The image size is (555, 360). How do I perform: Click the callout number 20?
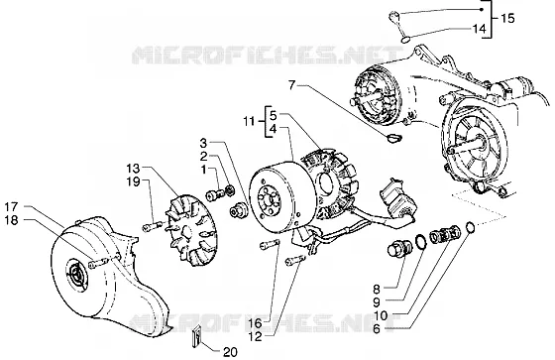(230, 352)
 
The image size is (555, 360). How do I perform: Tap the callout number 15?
(507, 18)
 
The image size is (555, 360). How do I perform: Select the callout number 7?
(291, 85)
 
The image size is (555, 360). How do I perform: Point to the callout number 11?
(249, 121)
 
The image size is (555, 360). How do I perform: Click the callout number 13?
(134, 168)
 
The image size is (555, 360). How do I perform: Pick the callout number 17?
(11, 206)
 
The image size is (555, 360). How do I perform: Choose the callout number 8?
(377, 290)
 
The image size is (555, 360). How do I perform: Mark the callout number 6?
(377, 329)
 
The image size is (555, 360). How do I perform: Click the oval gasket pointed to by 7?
(393, 138)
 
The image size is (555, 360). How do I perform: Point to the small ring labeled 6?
(470, 227)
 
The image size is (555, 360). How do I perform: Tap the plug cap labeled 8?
(399, 248)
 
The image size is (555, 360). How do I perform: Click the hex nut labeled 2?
(229, 190)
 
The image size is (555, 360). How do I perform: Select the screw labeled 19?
(154, 226)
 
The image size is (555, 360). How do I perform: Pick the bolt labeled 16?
(270, 244)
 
